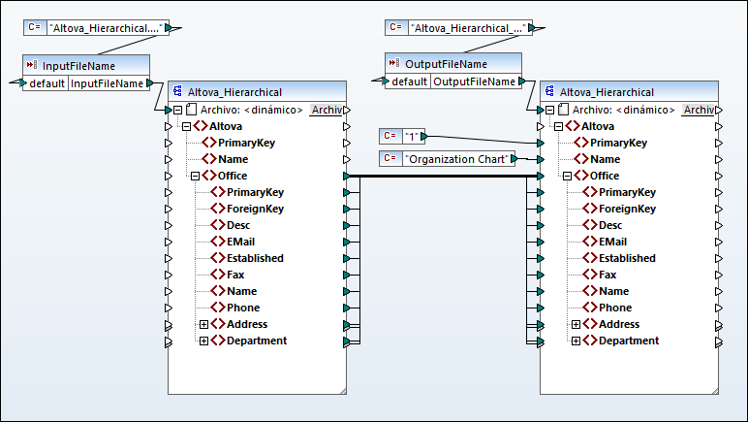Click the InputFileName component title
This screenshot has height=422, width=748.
coord(79,66)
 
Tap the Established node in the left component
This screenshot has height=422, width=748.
coord(255,258)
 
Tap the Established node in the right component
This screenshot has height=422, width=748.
coord(627,258)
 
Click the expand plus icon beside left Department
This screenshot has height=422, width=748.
coord(204,341)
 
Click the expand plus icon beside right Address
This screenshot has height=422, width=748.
coord(577,324)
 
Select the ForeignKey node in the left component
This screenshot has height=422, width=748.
coord(255,209)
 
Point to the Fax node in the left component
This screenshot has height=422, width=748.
coord(235,275)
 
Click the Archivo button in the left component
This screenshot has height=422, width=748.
coord(326,110)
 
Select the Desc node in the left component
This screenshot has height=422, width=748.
coord(238,225)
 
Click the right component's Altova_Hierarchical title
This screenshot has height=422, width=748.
coord(607,92)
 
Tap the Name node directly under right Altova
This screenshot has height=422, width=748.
coord(605,159)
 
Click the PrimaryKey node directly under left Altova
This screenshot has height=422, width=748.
coord(246,143)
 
